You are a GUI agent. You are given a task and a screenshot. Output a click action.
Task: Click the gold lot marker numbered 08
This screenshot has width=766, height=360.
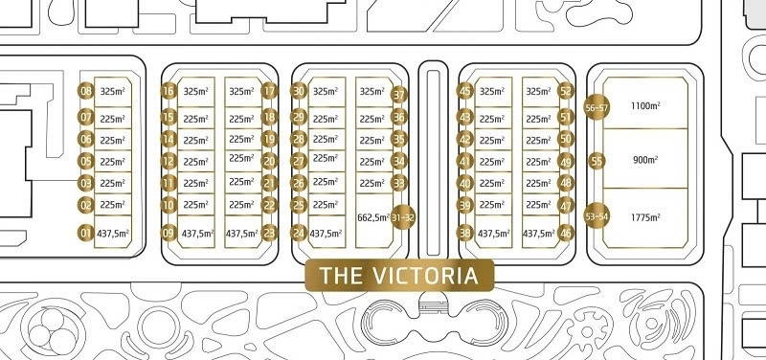point(86,91)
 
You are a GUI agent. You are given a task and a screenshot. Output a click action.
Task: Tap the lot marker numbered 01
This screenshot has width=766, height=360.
point(86,233)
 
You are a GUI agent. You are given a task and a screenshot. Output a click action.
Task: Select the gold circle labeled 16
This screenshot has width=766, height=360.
point(169,91)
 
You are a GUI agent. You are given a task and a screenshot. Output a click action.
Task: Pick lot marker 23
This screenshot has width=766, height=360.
point(270,233)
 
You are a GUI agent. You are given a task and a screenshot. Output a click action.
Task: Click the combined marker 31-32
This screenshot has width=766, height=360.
point(403,217)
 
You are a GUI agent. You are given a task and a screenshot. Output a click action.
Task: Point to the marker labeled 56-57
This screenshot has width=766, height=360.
point(597,107)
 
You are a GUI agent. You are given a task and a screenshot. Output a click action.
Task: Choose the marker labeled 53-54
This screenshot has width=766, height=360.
point(597,215)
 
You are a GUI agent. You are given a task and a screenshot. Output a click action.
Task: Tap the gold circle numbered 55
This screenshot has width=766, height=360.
point(597,161)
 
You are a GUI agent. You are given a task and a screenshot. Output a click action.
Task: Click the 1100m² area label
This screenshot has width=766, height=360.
point(645,105)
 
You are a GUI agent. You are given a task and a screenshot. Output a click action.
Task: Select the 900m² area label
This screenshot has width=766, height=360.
point(645,160)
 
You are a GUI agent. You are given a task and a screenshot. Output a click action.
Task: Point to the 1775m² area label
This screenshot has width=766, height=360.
point(645,217)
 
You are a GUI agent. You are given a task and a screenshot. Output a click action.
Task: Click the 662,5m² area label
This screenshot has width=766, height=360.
point(373,217)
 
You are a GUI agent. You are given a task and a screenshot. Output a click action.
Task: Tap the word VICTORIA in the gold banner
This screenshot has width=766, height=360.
point(425,276)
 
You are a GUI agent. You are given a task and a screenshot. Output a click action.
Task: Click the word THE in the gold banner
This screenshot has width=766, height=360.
point(342,276)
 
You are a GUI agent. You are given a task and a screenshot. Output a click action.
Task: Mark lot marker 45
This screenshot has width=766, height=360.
point(464,91)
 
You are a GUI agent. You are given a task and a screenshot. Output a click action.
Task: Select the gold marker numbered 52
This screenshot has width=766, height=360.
point(566,91)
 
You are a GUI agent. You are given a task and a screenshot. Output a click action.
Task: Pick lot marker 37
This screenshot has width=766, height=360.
point(399,95)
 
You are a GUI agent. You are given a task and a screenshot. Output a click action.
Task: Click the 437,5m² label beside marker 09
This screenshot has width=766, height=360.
point(198,234)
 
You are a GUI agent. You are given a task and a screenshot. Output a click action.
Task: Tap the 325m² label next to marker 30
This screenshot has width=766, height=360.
point(326,91)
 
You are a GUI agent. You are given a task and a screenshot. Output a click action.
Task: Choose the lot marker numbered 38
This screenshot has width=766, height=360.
point(464,233)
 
